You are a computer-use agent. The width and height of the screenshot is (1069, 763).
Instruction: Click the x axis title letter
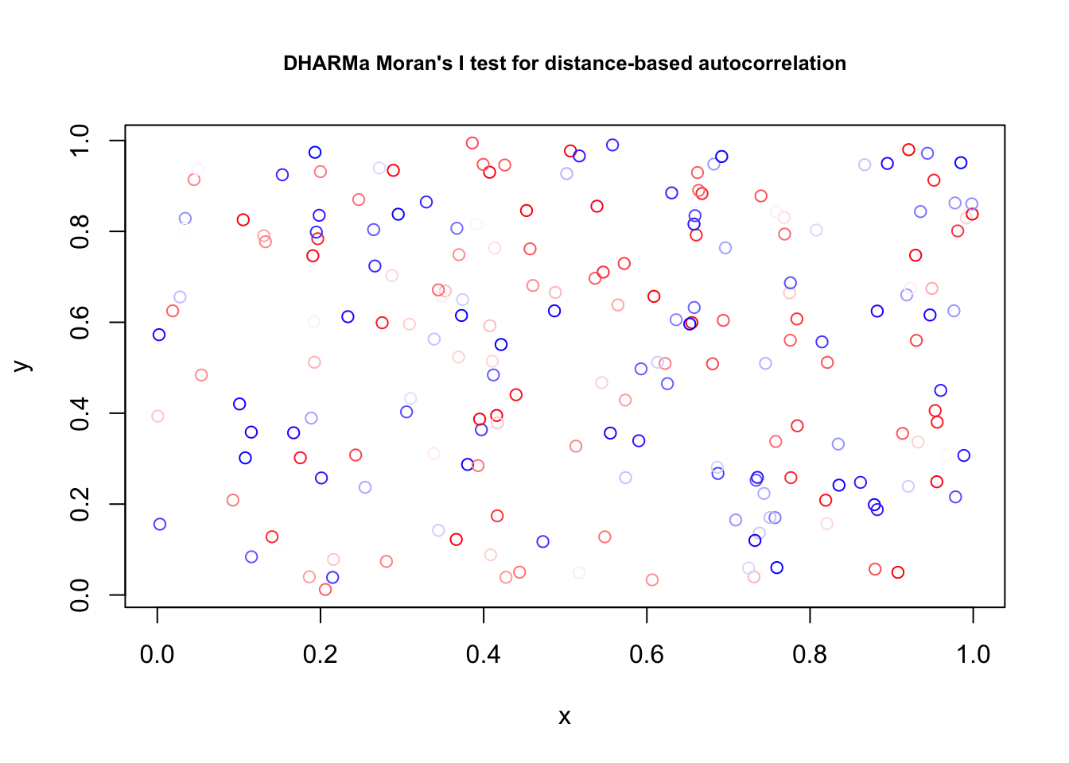pyautogui.click(x=565, y=717)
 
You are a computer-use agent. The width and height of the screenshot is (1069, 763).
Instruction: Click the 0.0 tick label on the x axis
pyautogui.click(x=157, y=655)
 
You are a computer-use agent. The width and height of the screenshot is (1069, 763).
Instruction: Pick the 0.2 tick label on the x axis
pyautogui.click(x=321, y=655)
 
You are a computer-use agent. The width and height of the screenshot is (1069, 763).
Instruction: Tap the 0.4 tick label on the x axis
pyautogui.click(x=484, y=655)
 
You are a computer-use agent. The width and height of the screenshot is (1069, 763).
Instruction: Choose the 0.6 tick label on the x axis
pyautogui.click(x=647, y=655)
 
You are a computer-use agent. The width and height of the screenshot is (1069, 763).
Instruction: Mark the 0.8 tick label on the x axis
pyautogui.click(x=810, y=655)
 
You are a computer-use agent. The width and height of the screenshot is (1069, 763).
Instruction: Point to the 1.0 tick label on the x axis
pyautogui.click(x=973, y=655)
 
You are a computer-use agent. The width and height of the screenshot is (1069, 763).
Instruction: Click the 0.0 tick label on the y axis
pyautogui.click(x=80, y=595)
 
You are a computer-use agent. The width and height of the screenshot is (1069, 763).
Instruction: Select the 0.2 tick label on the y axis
pyautogui.click(x=80, y=504)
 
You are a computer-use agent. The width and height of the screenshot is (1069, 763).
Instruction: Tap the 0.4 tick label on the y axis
pyautogui.click(x=80, y=413)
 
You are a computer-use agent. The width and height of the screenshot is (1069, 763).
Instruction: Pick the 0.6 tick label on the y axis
pyautogui.click(x=80, y=322)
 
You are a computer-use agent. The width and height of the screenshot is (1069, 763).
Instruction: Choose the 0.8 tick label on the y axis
pyautogui.click(x=80, y=231)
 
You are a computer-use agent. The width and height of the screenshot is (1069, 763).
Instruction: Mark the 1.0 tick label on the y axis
pyautogui.click(x=80, y=141)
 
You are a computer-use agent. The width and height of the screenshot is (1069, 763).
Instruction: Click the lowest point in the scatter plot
pyautogui.click(x=325, y=590)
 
